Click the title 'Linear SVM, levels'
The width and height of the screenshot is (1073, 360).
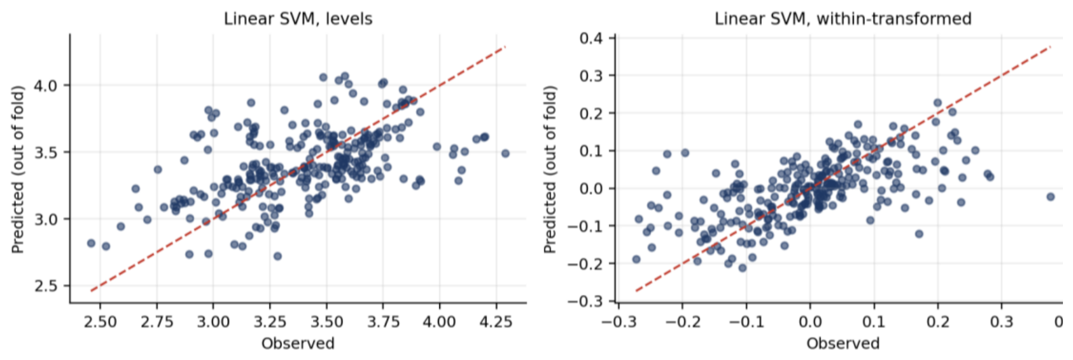(298, 19)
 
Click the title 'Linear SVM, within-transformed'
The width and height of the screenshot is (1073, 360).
(843, 19)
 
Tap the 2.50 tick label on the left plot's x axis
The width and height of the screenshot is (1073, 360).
(100, 322)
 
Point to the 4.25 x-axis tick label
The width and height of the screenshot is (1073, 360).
(496, 322)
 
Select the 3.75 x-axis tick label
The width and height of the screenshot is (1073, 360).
(383, 322)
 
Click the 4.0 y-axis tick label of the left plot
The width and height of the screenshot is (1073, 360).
(45, 85)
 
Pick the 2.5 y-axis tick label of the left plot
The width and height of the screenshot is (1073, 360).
(45, 286)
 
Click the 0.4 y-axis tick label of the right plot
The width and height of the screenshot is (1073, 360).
(591, 38)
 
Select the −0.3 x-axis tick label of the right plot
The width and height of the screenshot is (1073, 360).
(618, 322)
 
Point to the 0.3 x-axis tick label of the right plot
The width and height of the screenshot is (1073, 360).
(1002, 322)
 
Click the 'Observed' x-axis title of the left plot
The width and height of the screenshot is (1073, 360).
(298, 344)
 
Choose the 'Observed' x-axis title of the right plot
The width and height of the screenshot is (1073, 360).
(843, 344)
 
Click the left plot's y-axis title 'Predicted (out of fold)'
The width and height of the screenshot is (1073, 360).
(18, 169)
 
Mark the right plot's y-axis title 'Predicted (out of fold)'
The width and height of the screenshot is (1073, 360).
(551, 169)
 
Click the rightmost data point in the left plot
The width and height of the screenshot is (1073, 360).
(505, 154)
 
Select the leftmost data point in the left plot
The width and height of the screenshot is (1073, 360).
(91, 243)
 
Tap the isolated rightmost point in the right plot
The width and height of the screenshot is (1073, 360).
(1050, 197)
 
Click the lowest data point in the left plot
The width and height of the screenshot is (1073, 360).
(277, 256)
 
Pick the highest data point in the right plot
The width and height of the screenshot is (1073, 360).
(937, 103)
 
